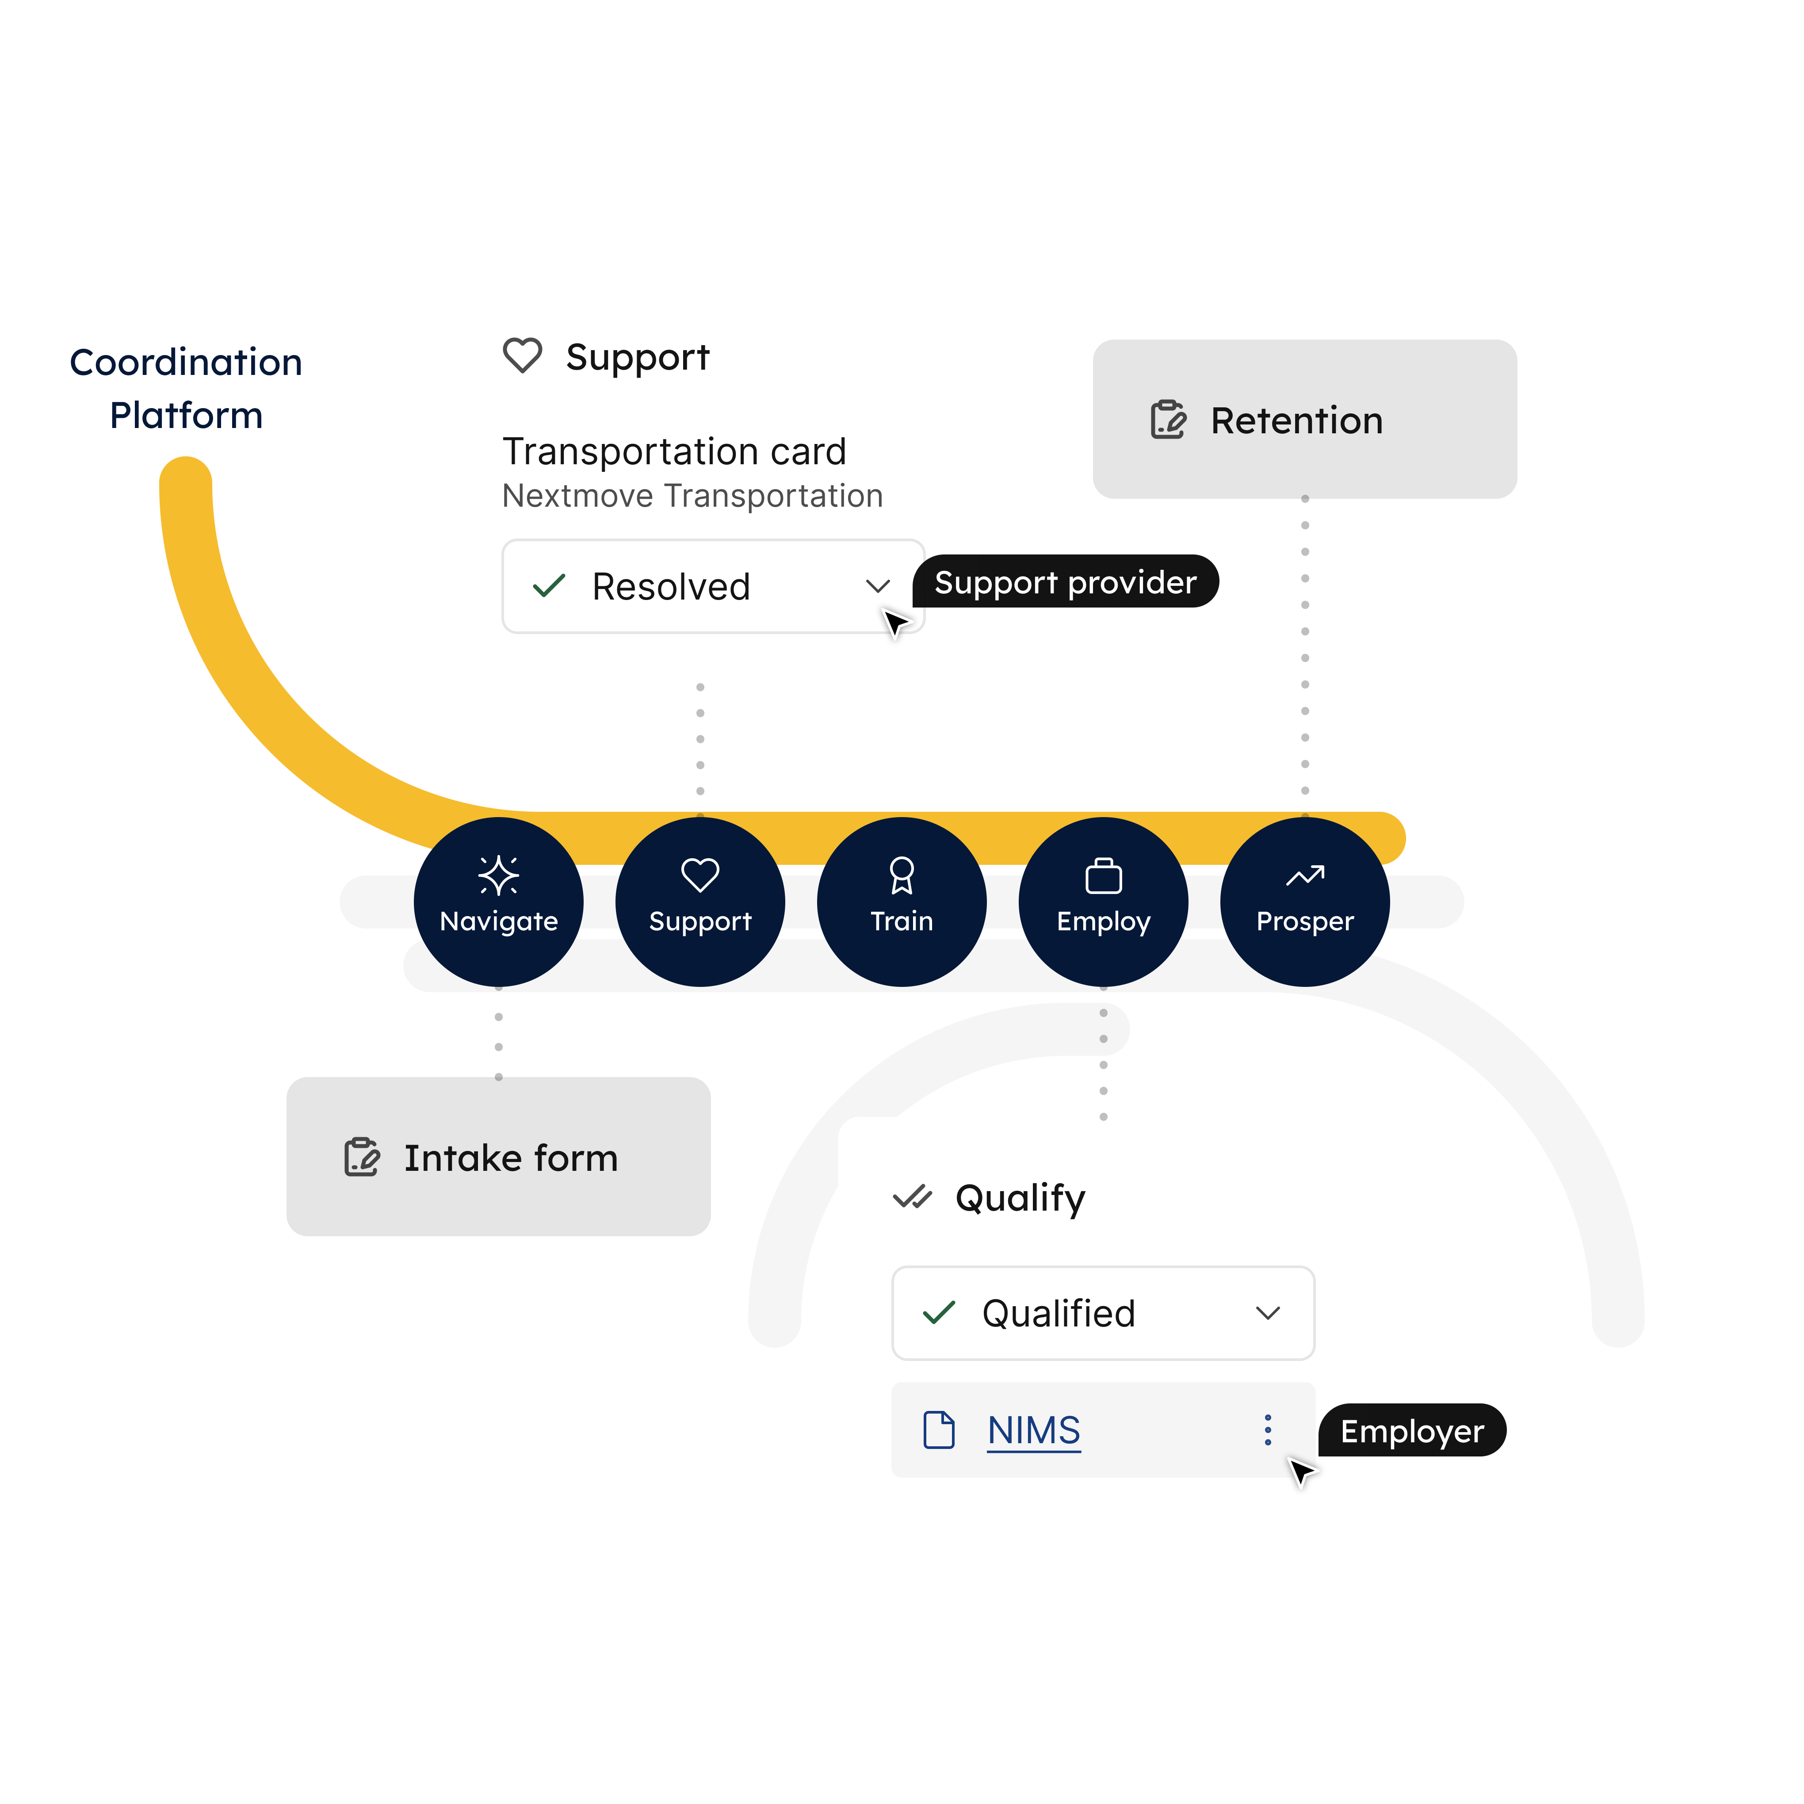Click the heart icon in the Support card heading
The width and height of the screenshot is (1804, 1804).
tap(522, 356)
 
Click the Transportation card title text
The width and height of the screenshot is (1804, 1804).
tap(674, 452)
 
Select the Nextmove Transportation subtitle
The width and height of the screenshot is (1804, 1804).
tap(692, 496)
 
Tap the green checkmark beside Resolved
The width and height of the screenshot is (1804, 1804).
tap(549, 586)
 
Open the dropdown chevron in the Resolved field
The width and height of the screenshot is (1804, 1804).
tap(877, 586)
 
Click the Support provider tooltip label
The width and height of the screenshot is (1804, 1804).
tap(1064, 583)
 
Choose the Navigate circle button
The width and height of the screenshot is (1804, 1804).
tap(499, 902)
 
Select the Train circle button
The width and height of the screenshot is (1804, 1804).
tap(902, 902)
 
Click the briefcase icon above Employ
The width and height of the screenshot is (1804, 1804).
tap(1104, 876)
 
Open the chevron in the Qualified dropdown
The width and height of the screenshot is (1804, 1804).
tap(1267, 1313)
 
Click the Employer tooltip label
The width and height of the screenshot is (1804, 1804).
tap(1411, 1431)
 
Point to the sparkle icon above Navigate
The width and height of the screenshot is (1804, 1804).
tap(499, 875)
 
